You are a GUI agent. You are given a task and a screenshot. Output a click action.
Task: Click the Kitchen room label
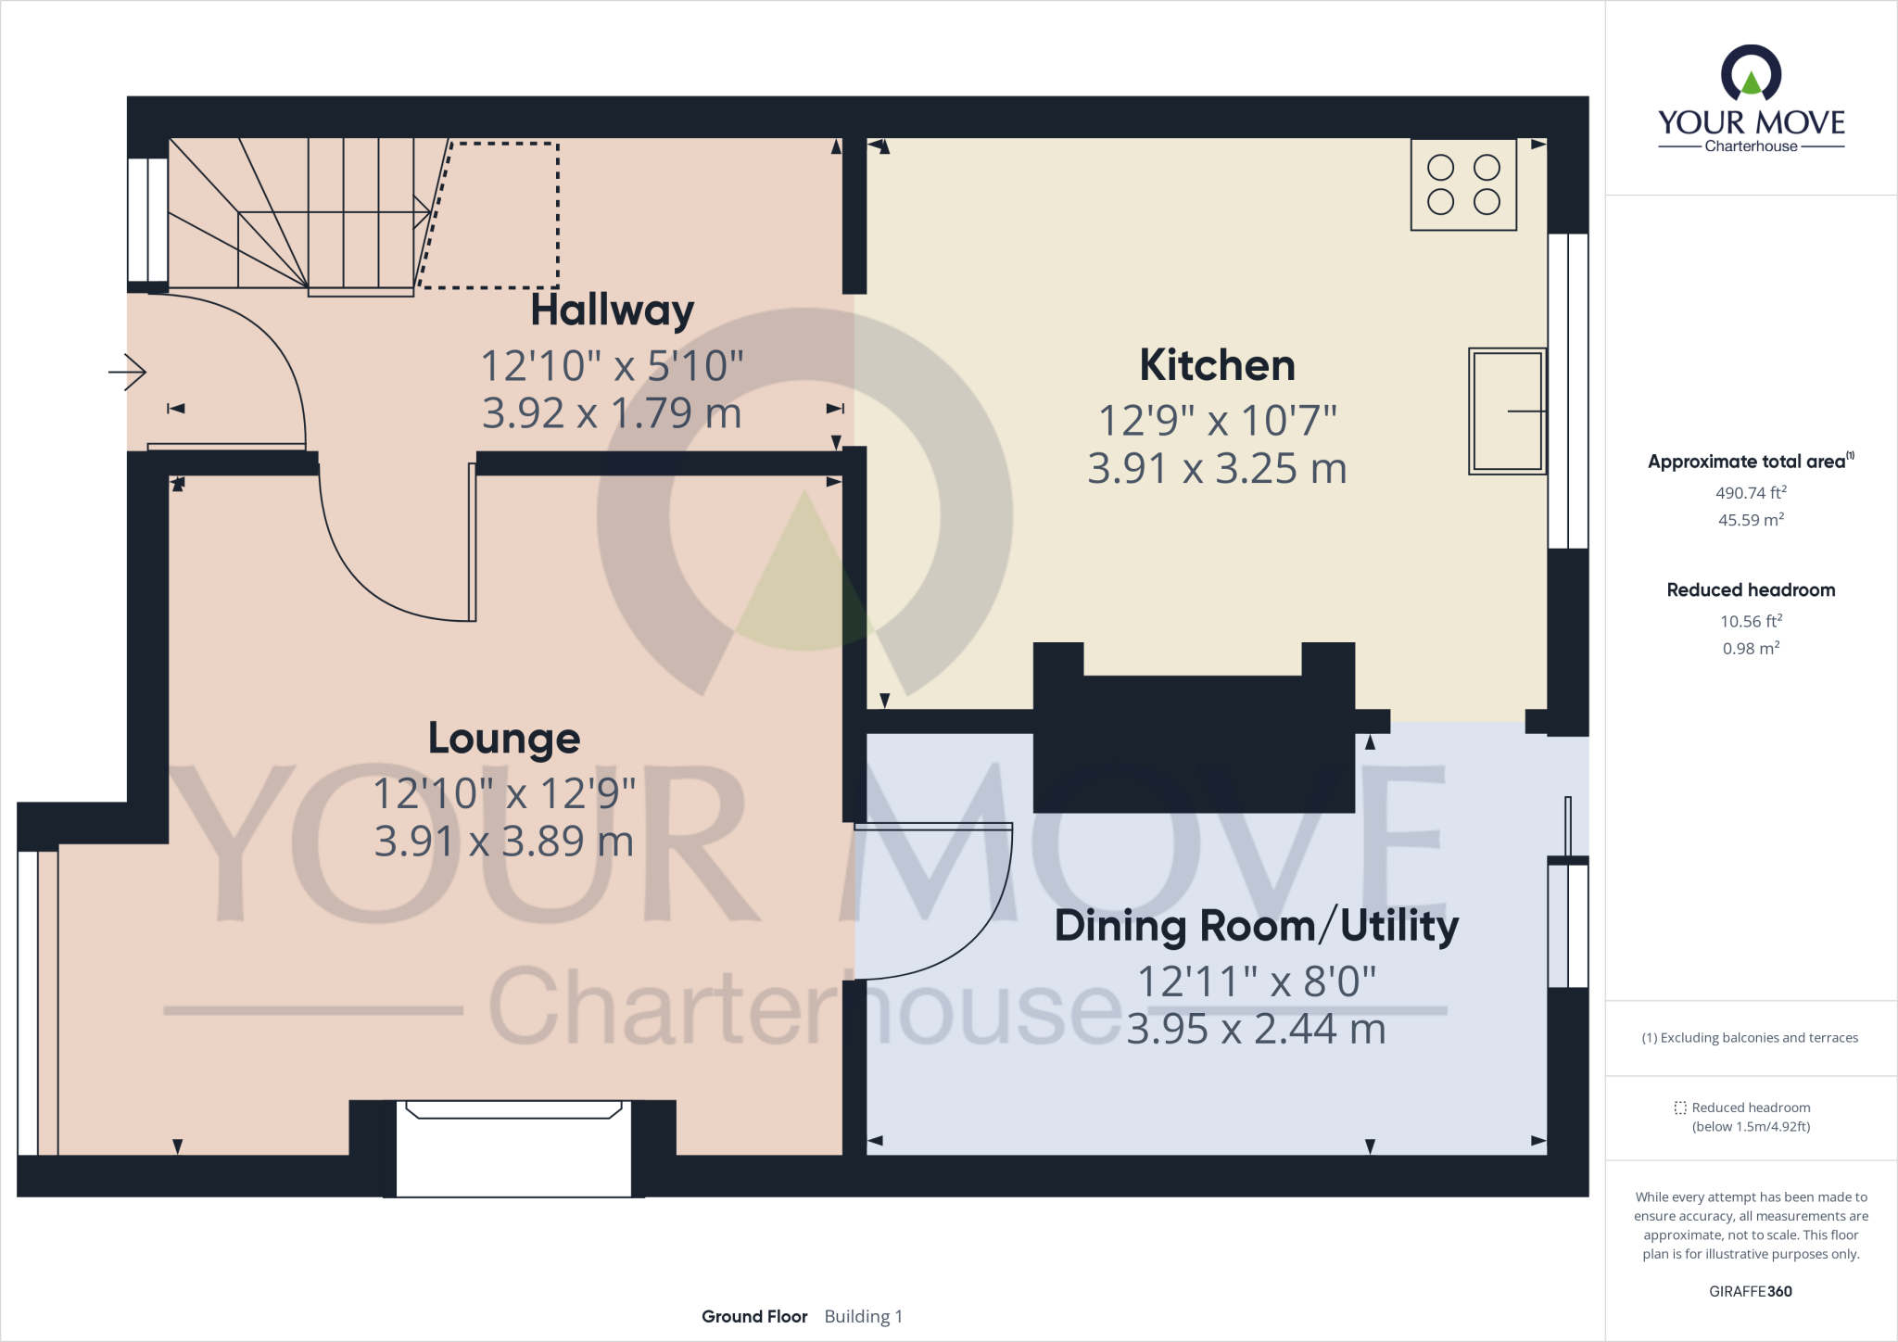point(1217,365)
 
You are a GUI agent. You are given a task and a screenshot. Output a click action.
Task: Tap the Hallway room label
point(612,310)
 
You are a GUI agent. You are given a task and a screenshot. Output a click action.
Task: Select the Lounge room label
point(504,739)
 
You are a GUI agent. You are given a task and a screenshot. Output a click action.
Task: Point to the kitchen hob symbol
point(1463,184)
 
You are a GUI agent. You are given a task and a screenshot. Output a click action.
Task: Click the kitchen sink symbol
point(1507,411)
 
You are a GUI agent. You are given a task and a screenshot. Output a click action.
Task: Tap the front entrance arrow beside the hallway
point(128,373)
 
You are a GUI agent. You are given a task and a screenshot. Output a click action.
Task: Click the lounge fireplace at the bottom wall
point(513,1147)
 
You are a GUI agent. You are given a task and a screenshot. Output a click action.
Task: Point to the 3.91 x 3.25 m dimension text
point(1217,469)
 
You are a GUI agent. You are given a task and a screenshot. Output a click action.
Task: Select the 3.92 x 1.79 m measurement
point(612,413)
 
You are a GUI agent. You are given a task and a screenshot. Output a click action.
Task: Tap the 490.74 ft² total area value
point(1750,493)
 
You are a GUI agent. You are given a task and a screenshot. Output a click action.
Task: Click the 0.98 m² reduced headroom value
point(1750,649)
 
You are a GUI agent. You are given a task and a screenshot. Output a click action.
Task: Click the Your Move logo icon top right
point(1751,74)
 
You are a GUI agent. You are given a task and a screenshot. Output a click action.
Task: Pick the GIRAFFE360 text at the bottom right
point(1750,1291)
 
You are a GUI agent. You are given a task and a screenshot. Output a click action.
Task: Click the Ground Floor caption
point(754,1316)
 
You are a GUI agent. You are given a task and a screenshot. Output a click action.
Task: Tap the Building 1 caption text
point(863,1316)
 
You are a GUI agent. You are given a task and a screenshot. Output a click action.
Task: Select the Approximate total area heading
point(1747,462)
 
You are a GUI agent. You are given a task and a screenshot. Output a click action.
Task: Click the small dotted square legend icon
point(1680,1108)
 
